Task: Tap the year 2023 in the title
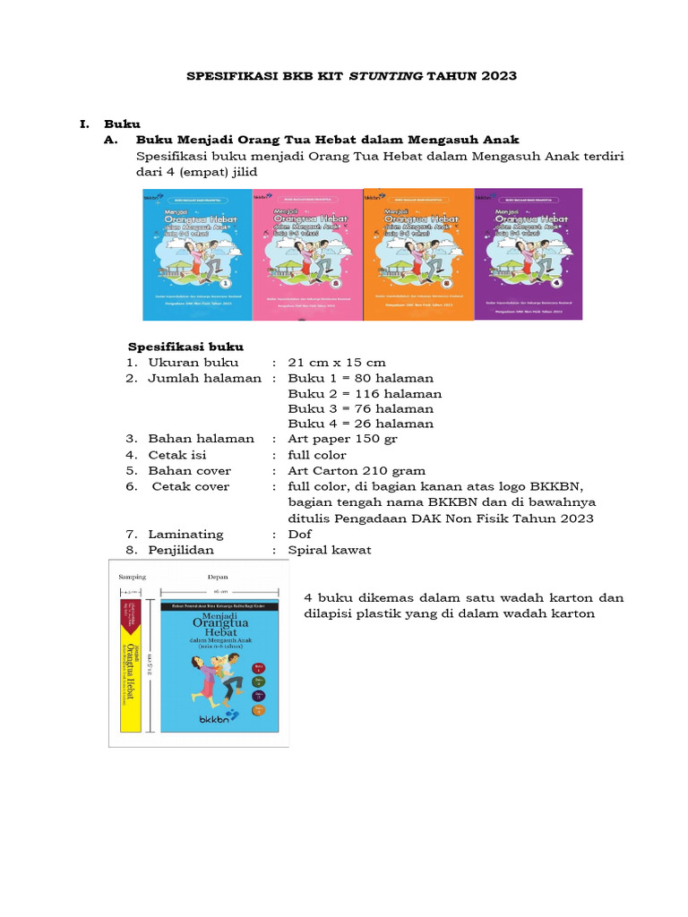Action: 497,76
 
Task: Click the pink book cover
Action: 306,253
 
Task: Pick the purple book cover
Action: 528,253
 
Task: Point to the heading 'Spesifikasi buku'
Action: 185,347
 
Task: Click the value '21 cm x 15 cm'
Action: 337,363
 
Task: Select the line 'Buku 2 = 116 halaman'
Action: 365,393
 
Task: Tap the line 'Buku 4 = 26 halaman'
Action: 360,424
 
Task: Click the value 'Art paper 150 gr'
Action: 343,439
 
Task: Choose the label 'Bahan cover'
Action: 189,470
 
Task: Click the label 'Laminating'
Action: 185,534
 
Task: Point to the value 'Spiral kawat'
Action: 329,550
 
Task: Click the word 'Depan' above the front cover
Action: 219,578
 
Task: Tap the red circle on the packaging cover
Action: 259,668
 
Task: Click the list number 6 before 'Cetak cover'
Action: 131,486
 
